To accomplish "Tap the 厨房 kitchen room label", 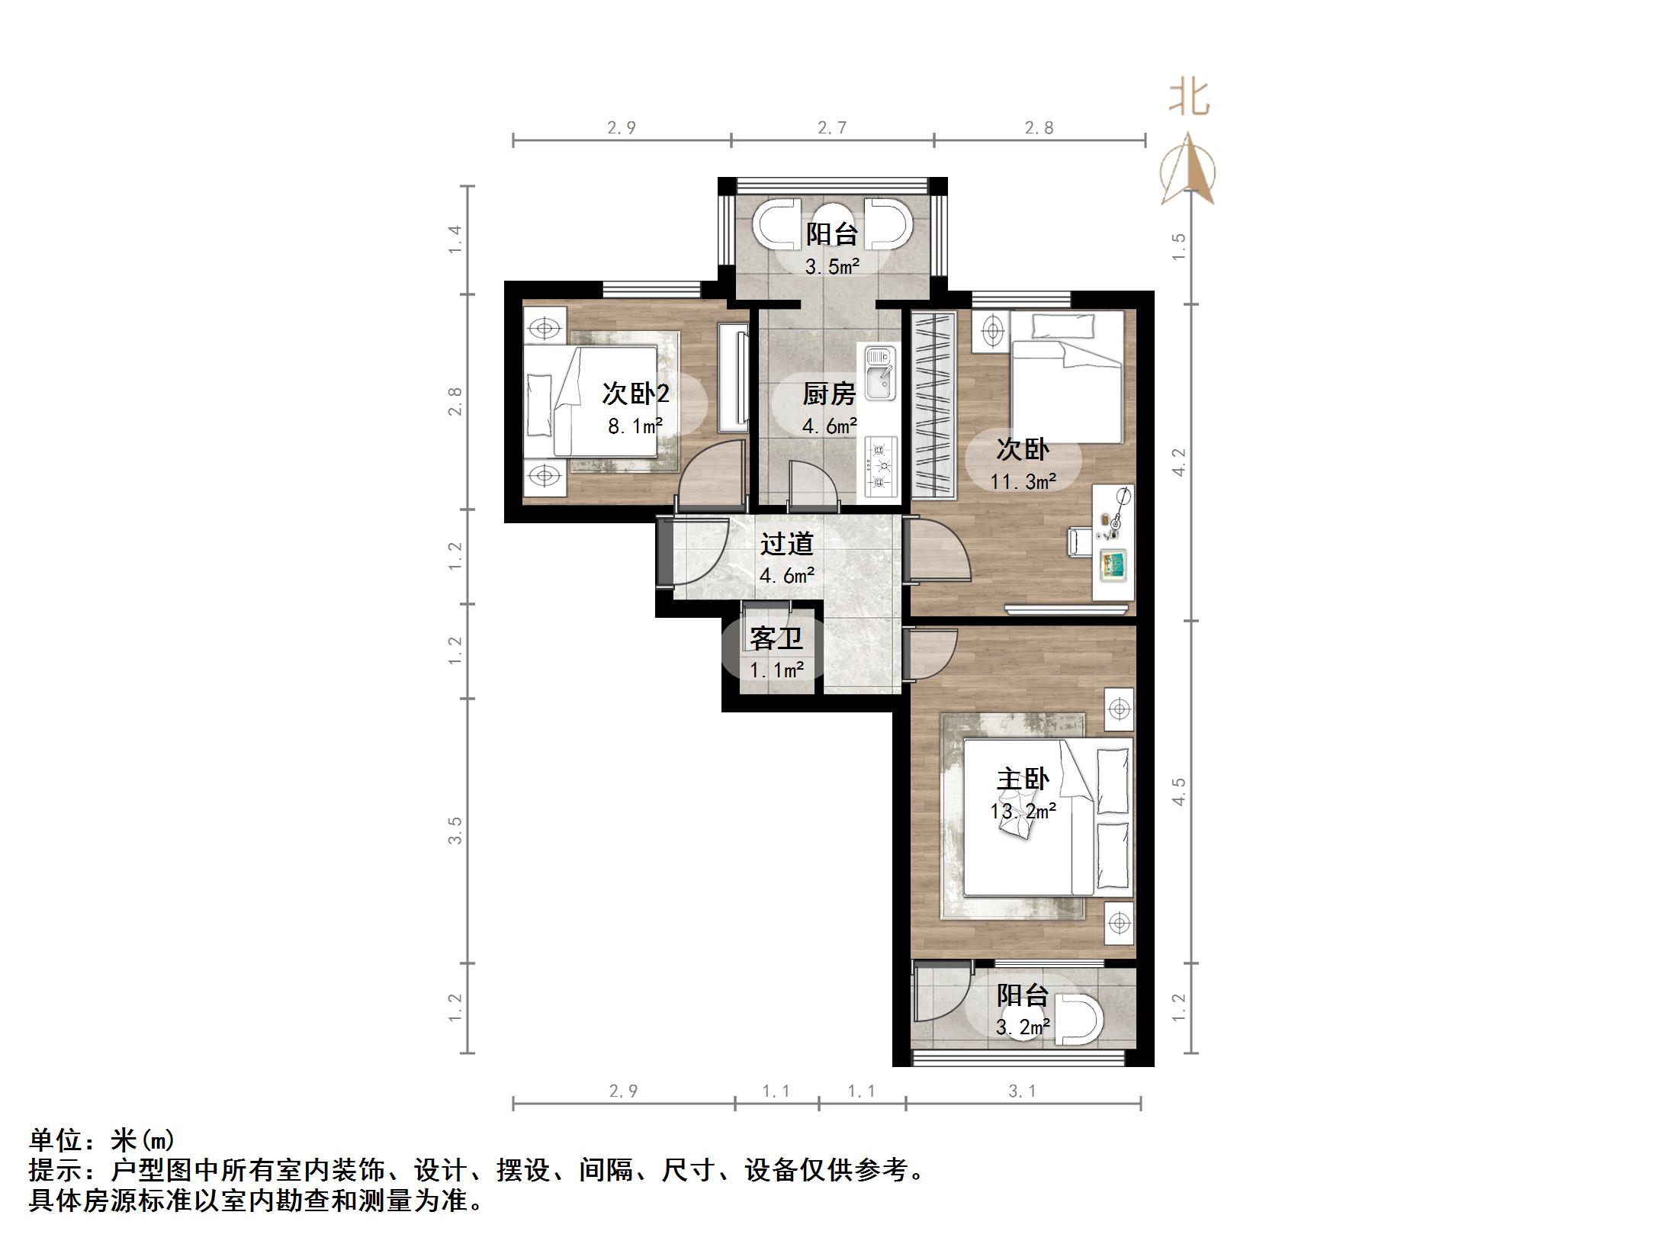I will click(x=829, y=394).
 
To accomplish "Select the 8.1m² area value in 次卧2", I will click(x=635, y=426).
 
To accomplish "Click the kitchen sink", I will click(x=879, y=374).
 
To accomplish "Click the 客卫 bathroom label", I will click(x=776, y=638).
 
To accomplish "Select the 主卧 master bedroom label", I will click(x=1023, y=779).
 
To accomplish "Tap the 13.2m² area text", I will click(x=1023, y=811).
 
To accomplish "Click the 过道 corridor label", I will click(x=786, y=544).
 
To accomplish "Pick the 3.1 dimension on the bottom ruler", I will click(x=1022, y=1091).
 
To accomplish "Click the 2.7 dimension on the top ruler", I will click(x=832, y=128).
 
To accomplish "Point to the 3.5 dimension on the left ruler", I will click(x=455, y=831).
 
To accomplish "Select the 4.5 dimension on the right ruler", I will click(x=1179, y=792).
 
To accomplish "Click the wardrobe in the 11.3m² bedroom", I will click(x=933, y=404).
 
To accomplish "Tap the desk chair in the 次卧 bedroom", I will click(x=1077, y=541).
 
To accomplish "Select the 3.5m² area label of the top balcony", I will click(x=831, y=267).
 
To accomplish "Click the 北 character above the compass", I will click(x=1189, y=100).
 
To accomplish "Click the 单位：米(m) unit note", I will click(x=101, y=1141).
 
